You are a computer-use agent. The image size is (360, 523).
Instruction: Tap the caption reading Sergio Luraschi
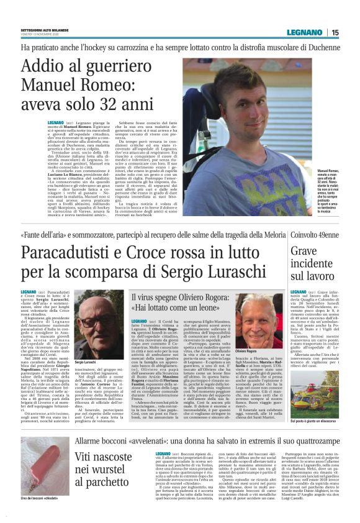coord(86,362)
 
